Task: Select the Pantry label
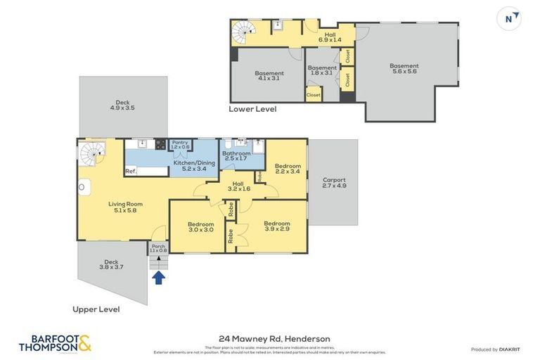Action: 180,145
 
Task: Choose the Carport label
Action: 334,183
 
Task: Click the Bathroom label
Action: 236,155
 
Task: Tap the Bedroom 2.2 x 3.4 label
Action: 287,168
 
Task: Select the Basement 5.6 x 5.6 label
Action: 404,69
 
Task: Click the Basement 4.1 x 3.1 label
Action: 269,75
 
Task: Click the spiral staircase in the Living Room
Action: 92,153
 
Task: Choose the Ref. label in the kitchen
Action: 131,171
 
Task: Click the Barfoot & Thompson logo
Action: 55,342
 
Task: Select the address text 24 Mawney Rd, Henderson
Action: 270,338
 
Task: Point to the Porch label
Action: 157,248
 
